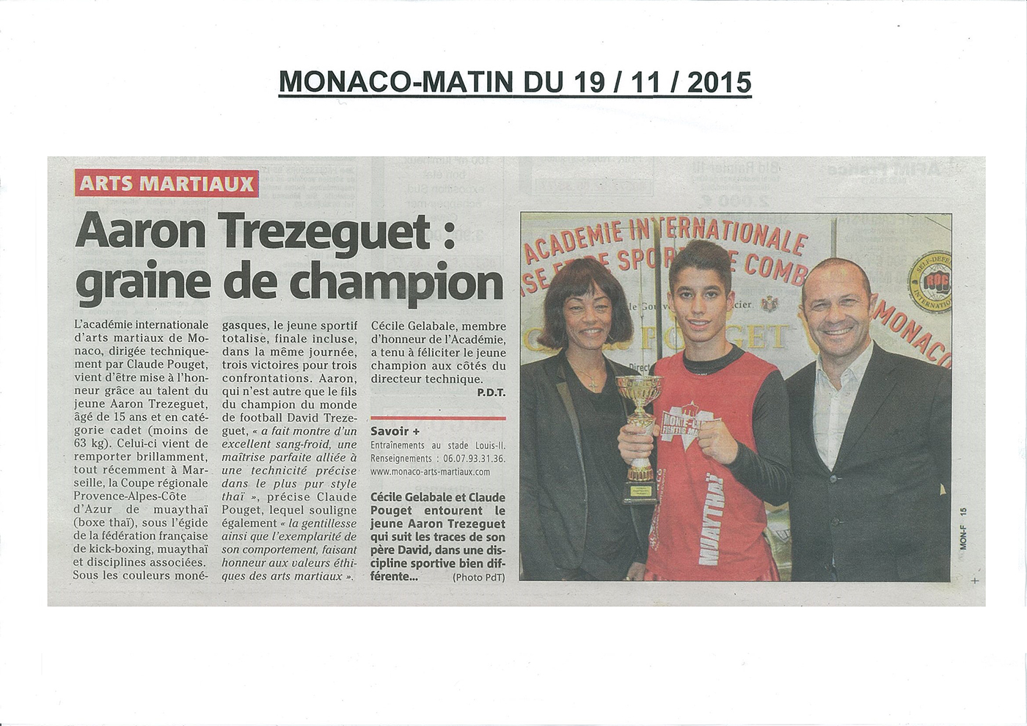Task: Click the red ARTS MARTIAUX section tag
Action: pos(166,183)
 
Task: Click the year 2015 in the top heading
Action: pos(720,81)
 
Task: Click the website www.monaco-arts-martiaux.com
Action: pos(430,472)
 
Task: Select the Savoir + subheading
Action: pos(395,431)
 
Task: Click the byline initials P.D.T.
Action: pos(491,393)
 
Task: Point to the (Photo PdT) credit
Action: pos(478,577)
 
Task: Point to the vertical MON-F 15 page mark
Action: pos(962,528)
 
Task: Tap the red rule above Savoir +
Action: pos(438,418)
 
